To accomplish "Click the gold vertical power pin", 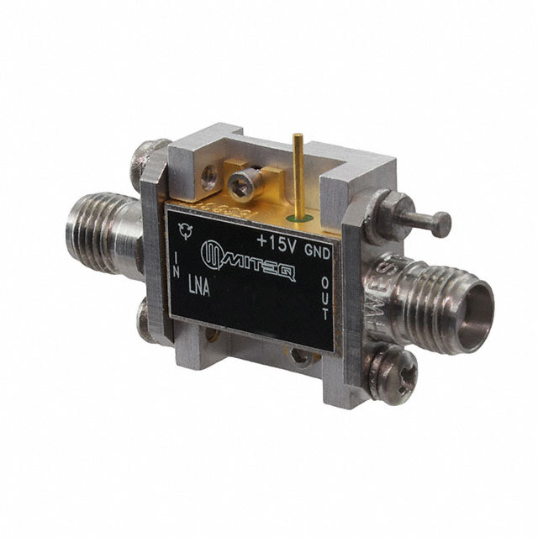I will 295,173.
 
